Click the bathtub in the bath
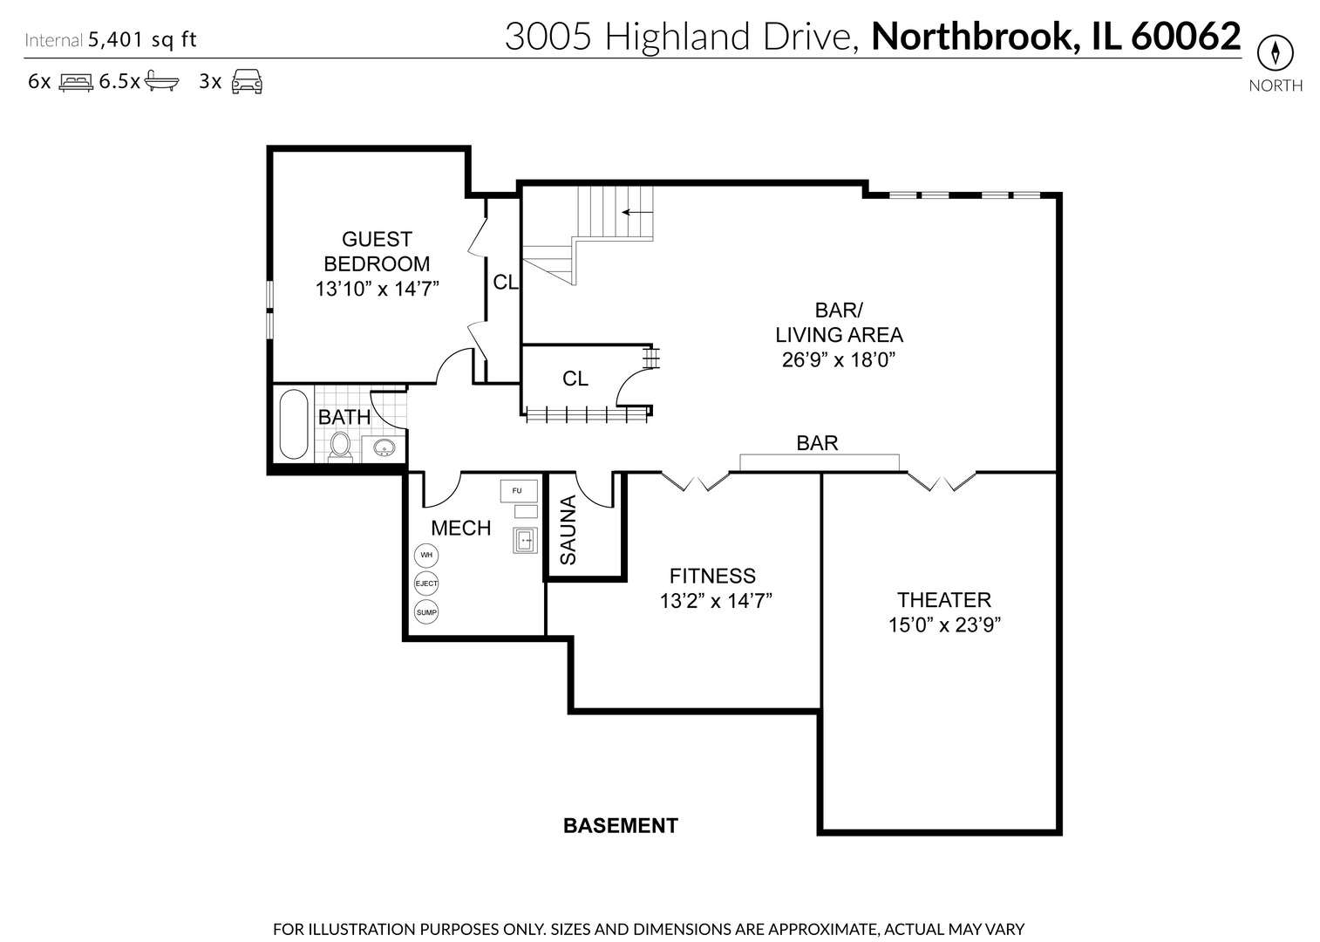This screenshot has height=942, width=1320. [x=294, y=425]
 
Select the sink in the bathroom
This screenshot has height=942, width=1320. [x=384, y=448]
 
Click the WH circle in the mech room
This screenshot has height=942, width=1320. [x=426, y=555]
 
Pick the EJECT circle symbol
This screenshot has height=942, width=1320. [x=426, y=584]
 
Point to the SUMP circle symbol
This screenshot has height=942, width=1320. [x=426, y=612]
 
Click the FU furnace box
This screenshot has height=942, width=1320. [x=518, y=490]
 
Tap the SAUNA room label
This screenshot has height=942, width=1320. [x=568, y=529]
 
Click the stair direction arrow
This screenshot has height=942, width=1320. [x=637, y=212]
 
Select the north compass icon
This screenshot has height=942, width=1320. [x=1275, y=53]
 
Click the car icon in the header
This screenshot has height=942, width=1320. [x=247, y=81]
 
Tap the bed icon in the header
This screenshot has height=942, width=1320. [x=76, y=82]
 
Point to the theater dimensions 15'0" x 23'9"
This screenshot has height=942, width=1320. [x=944, y=625]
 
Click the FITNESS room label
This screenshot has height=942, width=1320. [x=712, y=576]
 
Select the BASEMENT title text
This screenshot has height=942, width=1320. [x=621, y=825]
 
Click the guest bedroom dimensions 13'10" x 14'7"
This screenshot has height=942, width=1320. [x=377, y=289]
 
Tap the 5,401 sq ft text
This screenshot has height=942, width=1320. [x=142, y=39]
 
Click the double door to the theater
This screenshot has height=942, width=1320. [x=942, y=481]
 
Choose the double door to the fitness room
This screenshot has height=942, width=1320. [x=695, y=481]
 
